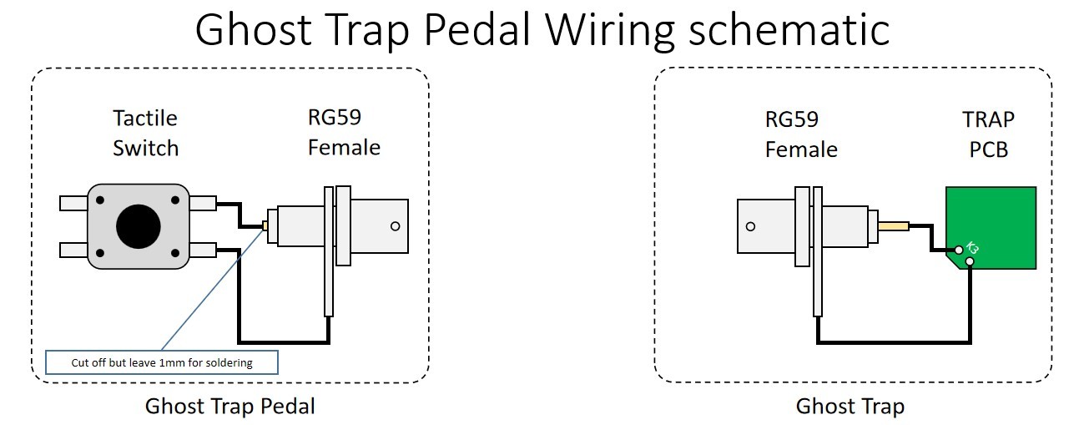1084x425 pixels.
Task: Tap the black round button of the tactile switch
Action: [x=138, y=225]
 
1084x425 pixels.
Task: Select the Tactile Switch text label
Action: [x=146, y=133]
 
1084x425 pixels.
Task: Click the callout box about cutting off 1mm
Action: [x=161, y=362]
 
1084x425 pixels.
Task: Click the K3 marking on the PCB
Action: [x=972, y=248]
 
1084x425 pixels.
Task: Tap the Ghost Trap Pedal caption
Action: [x=230, y=407]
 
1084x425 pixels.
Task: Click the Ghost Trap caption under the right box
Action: [x=850, y=407]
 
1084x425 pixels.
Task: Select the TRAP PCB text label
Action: [x=989, y=134]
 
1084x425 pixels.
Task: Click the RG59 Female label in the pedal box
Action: [x=344, y=133]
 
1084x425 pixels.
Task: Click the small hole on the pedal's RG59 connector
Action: [x=395, y=225]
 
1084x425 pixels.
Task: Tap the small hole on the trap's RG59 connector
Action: [x=751, y=226]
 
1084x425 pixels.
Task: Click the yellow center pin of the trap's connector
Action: [x=894, y=225]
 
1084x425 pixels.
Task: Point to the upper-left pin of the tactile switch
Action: [x=73, y=202]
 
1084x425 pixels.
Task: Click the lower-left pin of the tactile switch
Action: [x=73, y=250]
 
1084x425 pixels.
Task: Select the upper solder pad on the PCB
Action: [x=960, y=249]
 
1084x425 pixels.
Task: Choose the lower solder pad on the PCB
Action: [x=970, y=262]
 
